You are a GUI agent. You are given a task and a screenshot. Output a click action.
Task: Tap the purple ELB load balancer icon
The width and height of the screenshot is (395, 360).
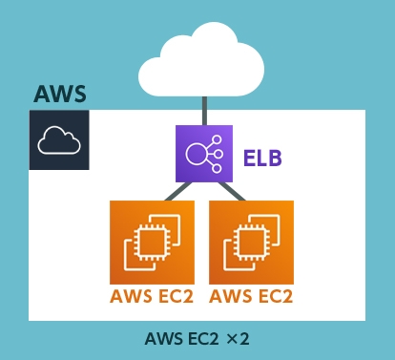(203, 153)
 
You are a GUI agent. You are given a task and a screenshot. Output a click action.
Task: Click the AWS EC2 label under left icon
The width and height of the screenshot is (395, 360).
(152, 296)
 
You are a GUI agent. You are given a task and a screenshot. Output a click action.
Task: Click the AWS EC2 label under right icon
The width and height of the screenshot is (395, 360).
(251, 296)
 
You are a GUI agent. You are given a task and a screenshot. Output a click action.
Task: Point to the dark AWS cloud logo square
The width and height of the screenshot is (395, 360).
(58, 139)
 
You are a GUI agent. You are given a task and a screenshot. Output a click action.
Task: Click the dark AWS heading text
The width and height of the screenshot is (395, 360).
(60, 95)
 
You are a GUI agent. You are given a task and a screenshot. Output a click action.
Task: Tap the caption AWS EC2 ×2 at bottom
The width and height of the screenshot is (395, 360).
(197, 339)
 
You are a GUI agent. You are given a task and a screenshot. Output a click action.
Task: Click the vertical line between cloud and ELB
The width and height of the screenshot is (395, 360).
(203, 110)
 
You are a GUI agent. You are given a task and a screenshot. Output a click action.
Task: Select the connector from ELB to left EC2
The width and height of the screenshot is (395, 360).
(175, 192)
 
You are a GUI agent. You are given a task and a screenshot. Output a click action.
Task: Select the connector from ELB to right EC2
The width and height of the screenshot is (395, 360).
(232, 192)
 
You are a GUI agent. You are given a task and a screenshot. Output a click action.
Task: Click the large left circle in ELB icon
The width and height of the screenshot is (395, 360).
(195, 153)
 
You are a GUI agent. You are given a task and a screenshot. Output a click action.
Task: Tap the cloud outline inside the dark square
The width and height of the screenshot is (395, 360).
(58, 141)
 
